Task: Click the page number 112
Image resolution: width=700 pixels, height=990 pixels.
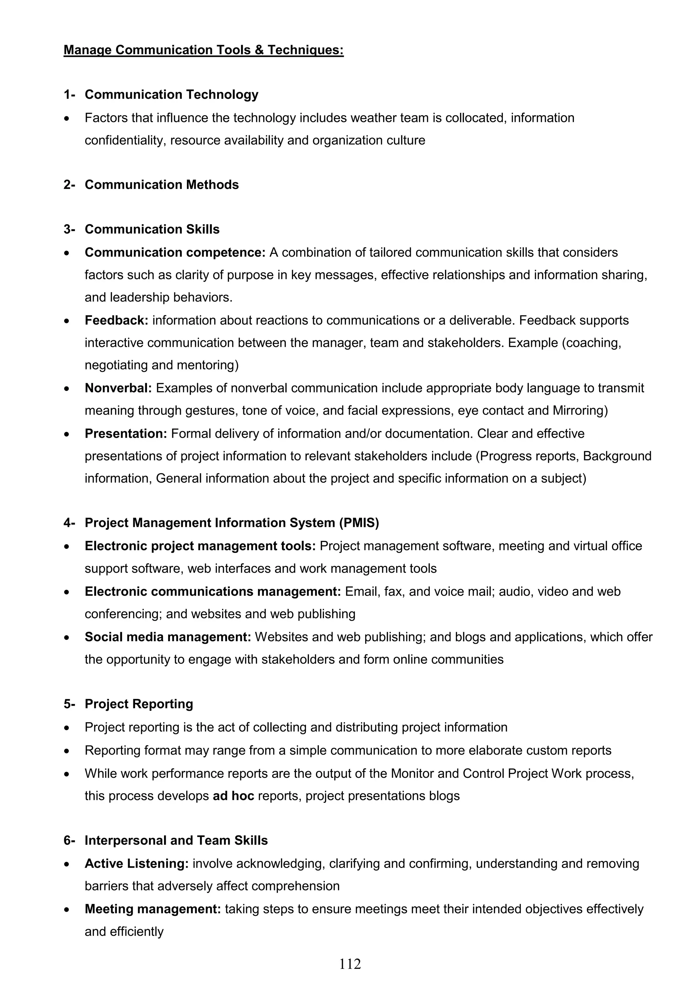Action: [350, 964]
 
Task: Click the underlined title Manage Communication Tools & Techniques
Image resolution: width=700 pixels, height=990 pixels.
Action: [204, 50]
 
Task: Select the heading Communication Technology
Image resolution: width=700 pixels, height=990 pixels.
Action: [171, 94]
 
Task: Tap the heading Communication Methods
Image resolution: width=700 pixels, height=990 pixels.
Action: [161, 185]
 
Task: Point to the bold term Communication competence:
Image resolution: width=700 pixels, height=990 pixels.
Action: [175, 252]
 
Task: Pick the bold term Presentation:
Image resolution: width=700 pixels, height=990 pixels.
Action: [125, 433]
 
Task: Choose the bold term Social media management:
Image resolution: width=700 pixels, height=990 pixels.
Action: [168, 637]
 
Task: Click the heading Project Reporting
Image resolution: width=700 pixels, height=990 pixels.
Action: [138, 704]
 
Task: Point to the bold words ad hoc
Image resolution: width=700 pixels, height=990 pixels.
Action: [233, 796]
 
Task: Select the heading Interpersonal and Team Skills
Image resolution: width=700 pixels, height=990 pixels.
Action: [176, 840]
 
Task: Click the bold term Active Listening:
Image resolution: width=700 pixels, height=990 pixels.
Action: [137, 864]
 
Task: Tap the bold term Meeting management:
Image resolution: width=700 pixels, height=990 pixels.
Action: [153, 909]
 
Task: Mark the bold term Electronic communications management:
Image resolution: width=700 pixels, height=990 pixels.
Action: [213, 591]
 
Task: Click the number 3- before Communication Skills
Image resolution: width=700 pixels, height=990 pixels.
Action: [69, 229]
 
